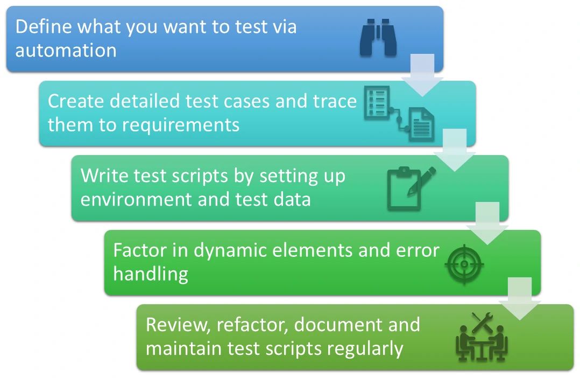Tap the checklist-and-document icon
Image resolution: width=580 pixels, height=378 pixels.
tap(400, 113)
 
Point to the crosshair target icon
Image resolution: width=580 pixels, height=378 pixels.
tap(465, 264)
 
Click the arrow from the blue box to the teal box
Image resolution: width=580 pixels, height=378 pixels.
tap(422, 75)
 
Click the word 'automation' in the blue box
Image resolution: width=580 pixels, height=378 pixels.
tap(66, 50)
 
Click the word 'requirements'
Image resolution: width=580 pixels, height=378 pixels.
tap(180, 124)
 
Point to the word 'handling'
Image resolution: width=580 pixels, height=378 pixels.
tap(151, 274)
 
